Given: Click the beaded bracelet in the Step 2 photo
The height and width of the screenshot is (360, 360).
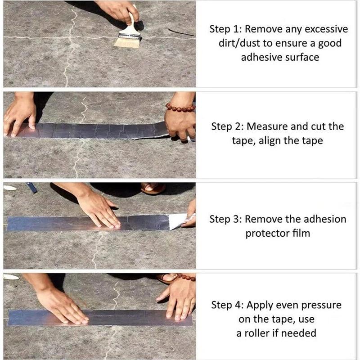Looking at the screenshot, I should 180,108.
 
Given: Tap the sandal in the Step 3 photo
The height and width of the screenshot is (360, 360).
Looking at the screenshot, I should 153,188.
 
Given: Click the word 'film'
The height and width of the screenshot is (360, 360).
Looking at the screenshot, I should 301,234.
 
